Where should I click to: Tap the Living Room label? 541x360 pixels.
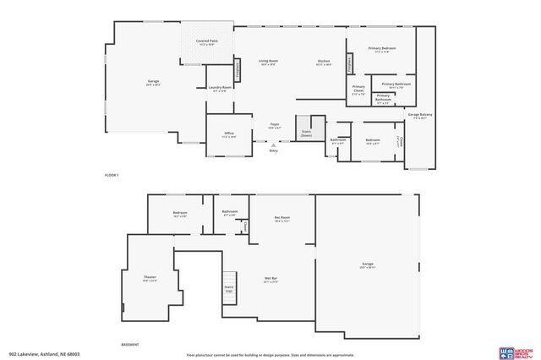click(x=269, y=63)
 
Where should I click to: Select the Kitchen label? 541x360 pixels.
click(x=323, y=63)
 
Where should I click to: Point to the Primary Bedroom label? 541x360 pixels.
click(x=382, y=50)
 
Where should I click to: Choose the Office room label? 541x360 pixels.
click(x=228, y=134)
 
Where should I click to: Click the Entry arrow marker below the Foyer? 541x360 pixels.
click(x=272, y=145)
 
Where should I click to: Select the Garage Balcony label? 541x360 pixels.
click(x=415, y=116)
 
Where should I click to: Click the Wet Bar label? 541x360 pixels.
click(x=271, y=281)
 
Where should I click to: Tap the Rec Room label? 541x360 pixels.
click(x=281, y=219)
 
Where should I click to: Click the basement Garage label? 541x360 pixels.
click(x=367, y=266)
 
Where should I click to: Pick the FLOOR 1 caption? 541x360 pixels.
click(x=112, y=174)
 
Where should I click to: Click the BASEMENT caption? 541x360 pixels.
click(x=130, y=345)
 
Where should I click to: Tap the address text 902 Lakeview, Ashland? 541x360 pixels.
click(x=38, y=354)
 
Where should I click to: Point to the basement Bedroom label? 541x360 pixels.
click(x=179, y=213)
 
